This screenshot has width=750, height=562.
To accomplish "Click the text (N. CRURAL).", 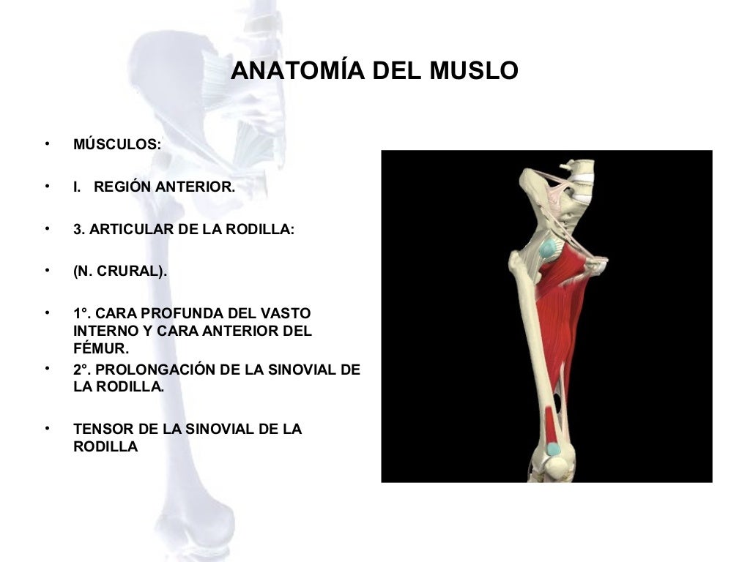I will pyautogui.click(x=120, y=271).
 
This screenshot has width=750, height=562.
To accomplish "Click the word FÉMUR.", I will pyautogui.click(x=100, y=348).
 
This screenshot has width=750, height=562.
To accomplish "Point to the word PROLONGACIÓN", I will pyautogui.click(x=155, y=370).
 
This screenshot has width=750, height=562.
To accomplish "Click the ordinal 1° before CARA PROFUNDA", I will pyautogui.click(x=81, y=313).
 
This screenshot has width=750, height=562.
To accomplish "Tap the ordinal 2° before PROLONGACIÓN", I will pyautogui.click(x=81, y=370).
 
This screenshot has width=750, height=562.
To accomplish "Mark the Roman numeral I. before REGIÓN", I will pyautogui.click(x=77, y=187).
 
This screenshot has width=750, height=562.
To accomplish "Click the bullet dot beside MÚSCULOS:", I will pyautogui.click(x=47, y=143).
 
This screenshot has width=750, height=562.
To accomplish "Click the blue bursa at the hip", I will pyautogui.click(x=547, y=249).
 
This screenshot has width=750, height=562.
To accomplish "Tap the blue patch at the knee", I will pyautogui.click(x=554, y=449).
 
